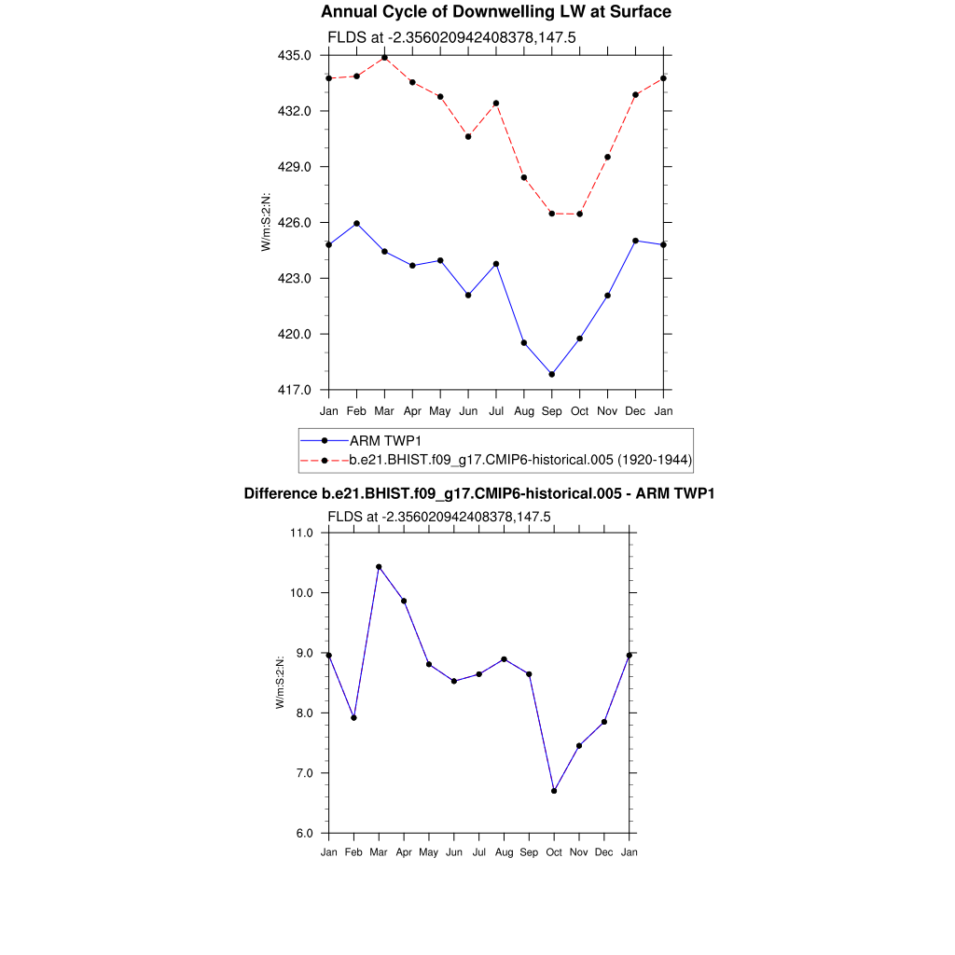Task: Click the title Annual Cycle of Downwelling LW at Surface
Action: pyautogui.click(x=495, y=12)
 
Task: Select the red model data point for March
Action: pyautogui.click(x=384, y=58)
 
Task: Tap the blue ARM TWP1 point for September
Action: pyautogui.click(x=552, y=375)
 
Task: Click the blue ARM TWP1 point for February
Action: pyautogui.click(x=356, y=224)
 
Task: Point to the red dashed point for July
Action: pyautogui.click(x=496, y=104)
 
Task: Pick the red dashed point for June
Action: pyautogui.click(x=468, y=137)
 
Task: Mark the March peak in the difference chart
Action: pyautogui.click(x=379, y=567)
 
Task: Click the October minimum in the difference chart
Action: pyautogui.click(x=554, y=791)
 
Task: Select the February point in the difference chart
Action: pyautogui.click(x=353, y=718)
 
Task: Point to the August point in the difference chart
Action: pyautogui.click(x=504, y=659)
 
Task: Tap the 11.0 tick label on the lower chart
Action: pyautogui.click(x=303, y=533)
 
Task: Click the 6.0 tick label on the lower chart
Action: pyautogui.click(x=303, y=834)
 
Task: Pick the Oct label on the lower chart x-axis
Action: pyautogui.click(x=554, y=851)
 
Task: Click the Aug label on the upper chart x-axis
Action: pyautogui.click(x=524, y=410)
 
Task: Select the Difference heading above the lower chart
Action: pyautogui.click(x=478, y=494)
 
